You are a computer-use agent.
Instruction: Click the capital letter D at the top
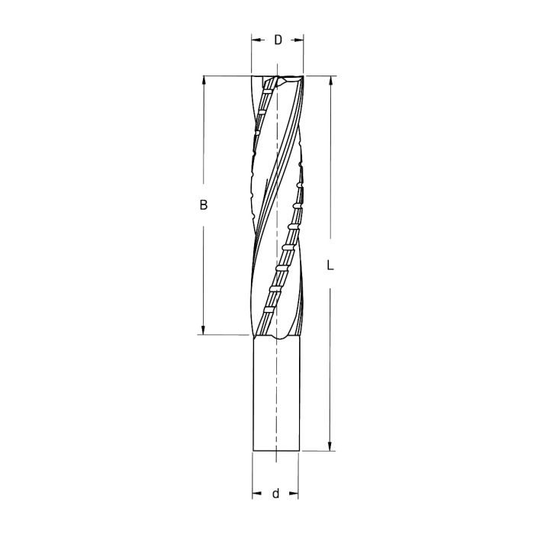[x=278, y=40]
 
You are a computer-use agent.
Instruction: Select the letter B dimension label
[x=203, y=205]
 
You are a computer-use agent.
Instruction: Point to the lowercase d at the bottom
[x=275, y=494]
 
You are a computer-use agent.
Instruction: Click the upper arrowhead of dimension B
[x=203, y=80]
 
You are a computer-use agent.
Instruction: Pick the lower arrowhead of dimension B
[x=203, y=330]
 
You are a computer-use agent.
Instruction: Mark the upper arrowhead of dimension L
[x=330, y=80]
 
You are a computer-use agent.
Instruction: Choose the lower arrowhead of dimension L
[x=330, y=446]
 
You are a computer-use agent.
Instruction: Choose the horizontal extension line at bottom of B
[x=225, y=334]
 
